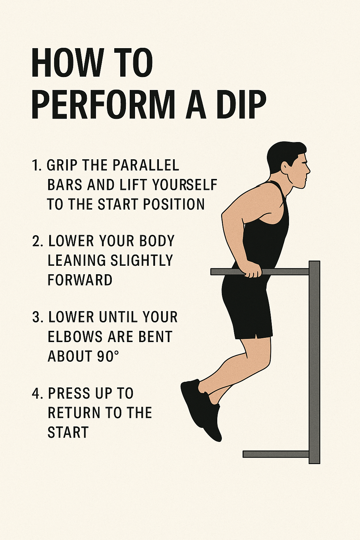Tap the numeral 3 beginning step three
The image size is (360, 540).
point(37,317)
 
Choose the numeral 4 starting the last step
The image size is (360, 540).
point(37,393)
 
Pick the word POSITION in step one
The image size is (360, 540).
point(174,204)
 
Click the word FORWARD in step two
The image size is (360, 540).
point(80,279)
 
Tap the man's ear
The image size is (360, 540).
point(286,166)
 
